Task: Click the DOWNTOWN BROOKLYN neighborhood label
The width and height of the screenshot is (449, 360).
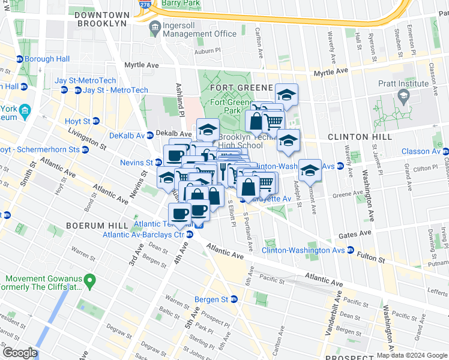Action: tap(101, 18)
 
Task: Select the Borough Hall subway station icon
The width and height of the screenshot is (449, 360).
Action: tap(20, 59)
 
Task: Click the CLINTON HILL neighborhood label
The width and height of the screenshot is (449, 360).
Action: tap(360, 137)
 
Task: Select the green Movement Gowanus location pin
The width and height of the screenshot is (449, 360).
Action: tap(89, 280)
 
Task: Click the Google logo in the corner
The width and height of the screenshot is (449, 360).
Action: tap(19, 353)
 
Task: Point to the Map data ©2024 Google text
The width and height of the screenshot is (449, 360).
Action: tap(412, 355)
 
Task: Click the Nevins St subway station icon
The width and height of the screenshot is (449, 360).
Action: tap(158, 163)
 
